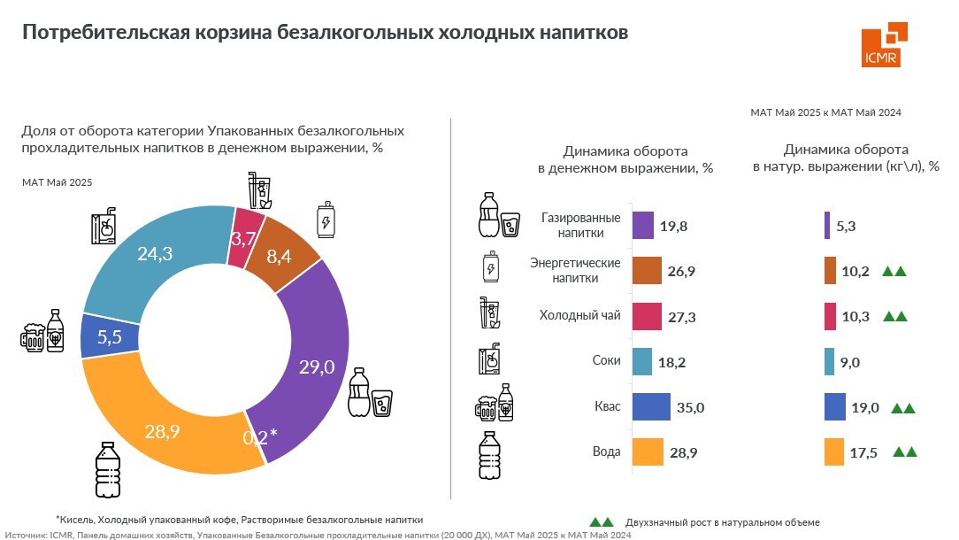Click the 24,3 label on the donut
click(155, 253)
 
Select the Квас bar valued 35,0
click(651, 407)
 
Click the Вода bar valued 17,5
click(833, 452)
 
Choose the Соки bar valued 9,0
click(829, 361)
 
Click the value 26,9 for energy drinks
click(681, 271)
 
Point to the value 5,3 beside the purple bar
click(846, 226)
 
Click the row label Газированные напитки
click(580, 225)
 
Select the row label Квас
click(609, 407)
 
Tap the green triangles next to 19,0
click(902, 408)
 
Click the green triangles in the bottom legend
click(602, 521)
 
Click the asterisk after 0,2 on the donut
click(274, 433)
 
